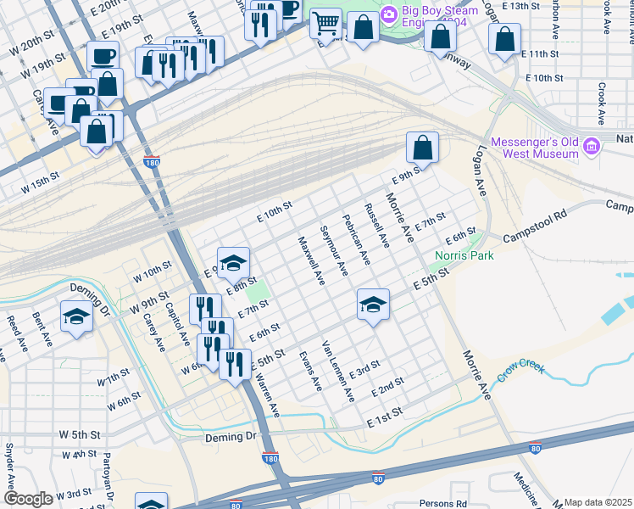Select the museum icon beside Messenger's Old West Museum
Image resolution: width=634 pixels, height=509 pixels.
click(x=592, y=146)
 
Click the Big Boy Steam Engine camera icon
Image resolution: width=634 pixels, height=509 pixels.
click(x=389, y=14)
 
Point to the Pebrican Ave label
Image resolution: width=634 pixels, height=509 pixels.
click(x=357, y=238)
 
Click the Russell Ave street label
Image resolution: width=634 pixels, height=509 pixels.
click(x=376, y=226)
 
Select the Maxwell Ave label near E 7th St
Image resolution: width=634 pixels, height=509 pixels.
click(x=311, y=260)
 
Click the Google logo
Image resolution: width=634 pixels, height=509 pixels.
click(x=29, y=499)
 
